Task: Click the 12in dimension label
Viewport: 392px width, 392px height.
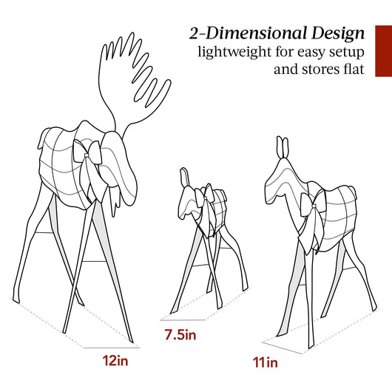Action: tap(115, 361)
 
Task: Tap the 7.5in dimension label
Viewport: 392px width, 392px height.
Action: tap(180, 335)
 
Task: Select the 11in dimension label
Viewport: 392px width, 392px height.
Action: tap(266, 362)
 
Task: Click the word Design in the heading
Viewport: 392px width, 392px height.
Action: tap(338, 34)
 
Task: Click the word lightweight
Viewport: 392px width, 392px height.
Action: tap(234, 53)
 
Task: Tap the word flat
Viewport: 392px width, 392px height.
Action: tap(354, 69)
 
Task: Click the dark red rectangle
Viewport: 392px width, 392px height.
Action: tap(384, 51)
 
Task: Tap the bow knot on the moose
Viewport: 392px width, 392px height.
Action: tap(87, 155)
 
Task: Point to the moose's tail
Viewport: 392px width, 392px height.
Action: tap(41, 139)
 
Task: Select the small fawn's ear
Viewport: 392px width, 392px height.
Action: tap(184, 177)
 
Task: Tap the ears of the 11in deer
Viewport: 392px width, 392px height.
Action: tap(283, 147)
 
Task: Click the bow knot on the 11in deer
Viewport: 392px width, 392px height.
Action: tap(314, 206)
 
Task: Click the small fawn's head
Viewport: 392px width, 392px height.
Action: tap(188, 200)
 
